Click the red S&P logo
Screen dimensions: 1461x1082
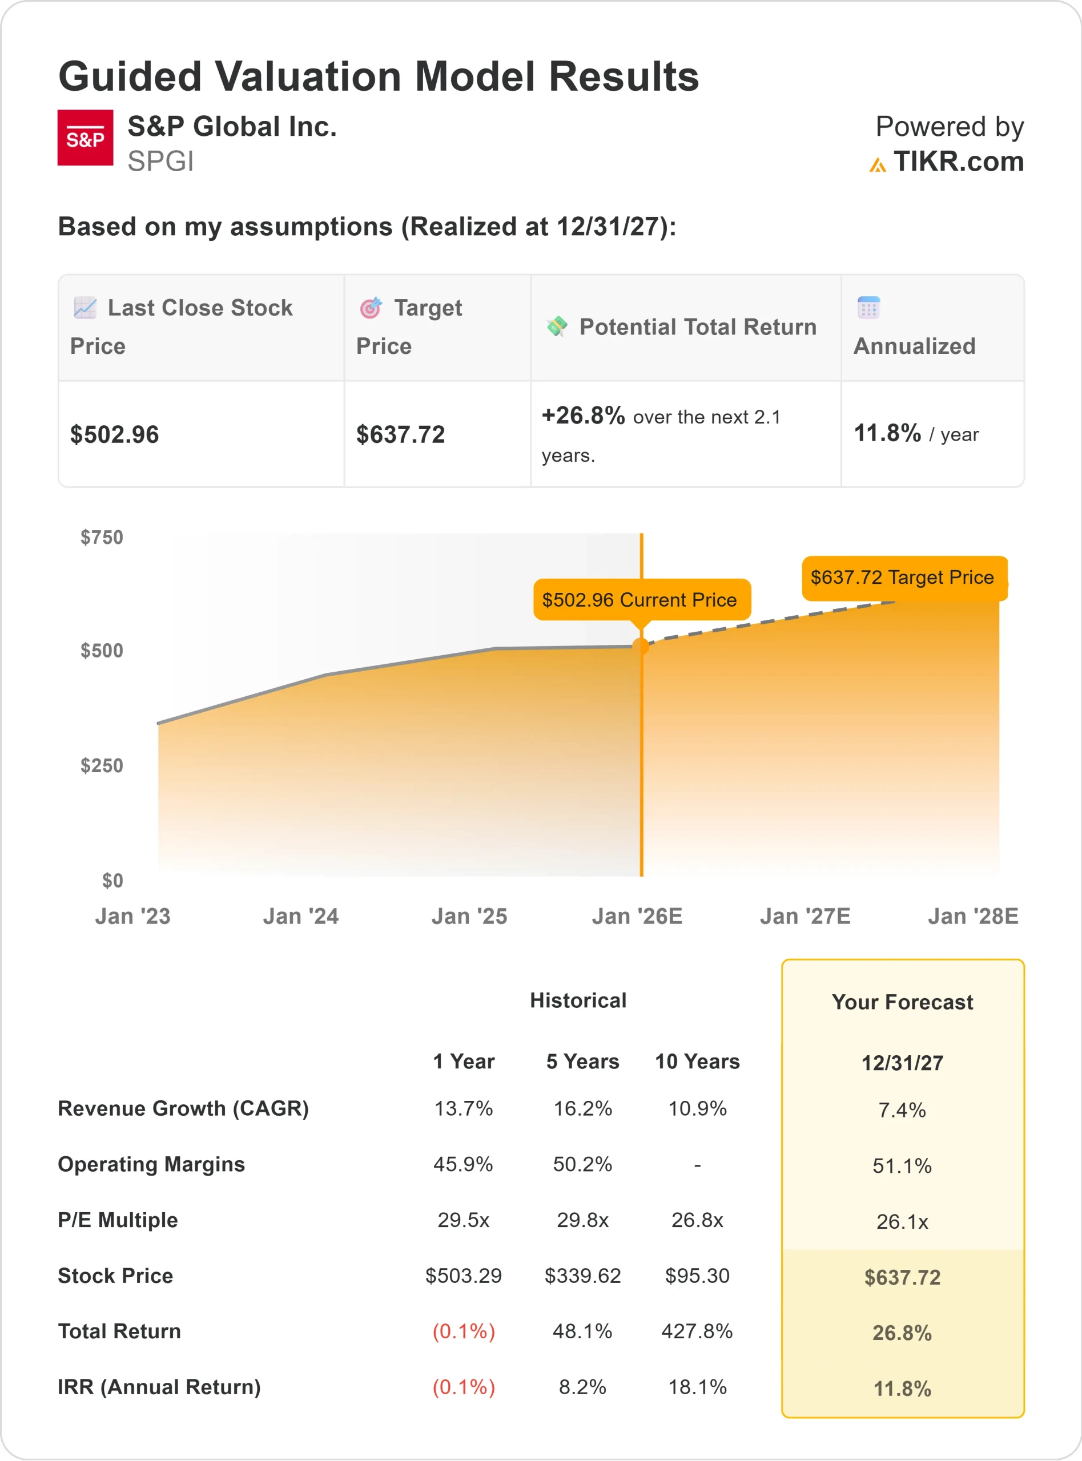[x=85, y=138]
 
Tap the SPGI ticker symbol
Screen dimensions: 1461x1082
[x=160, y=161]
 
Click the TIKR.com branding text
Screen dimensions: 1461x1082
[x=958, y=161]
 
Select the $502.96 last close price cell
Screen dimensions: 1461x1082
[x=115, y=435]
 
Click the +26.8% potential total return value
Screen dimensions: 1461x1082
[x=583, y=415]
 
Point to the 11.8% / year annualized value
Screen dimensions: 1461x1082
[x=916, y=433]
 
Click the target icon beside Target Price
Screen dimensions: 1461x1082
[x=371, y=308]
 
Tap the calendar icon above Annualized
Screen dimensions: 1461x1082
[x=868, y=307]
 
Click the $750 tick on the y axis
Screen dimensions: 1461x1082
[x=102, y=538]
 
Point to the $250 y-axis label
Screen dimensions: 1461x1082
[x=102, y=765]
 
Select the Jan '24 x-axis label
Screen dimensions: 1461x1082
[x=301, y=916]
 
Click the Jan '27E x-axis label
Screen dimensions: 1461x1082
[x=805, y=916]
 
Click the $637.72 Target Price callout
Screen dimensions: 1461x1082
[x=903, y=578]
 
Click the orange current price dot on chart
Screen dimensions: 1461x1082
[x=641, y=646]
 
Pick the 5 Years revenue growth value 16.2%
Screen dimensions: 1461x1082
[x=582, y=1108]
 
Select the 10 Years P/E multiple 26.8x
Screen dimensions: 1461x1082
[x=697, y=1220]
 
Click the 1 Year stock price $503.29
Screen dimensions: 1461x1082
[x=463, y=1275]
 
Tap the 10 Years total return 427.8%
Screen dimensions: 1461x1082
[x=697, y=1331]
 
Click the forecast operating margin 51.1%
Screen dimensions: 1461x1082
[x=902, y=1165]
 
